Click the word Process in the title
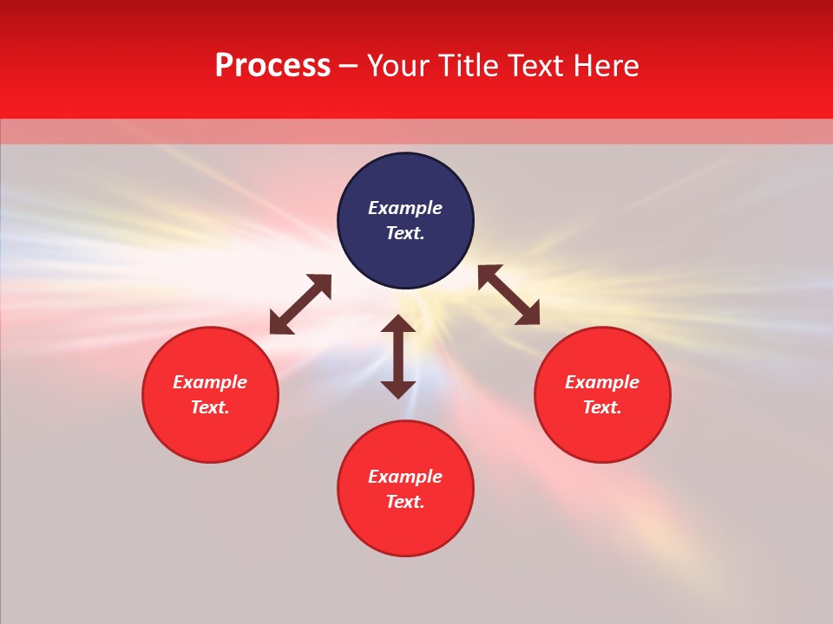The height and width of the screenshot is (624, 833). (x=272, y=66)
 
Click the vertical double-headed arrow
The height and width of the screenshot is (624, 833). (x=398, y=356)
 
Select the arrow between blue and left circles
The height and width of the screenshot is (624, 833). (x=300, y=304)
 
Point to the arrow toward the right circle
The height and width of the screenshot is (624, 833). (x=508, y=295)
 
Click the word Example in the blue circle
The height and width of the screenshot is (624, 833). (x=405, y=208)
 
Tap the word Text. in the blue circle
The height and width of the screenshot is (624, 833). (x=405, y=233)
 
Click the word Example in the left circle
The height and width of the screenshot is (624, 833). (x=210, y=382)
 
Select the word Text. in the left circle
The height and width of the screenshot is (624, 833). (x=210, y=407)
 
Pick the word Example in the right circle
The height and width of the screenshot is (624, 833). (x=602, y=382)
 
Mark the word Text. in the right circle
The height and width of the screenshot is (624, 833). (x=602, y=407)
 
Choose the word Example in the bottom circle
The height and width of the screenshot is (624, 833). (x=405, y=477)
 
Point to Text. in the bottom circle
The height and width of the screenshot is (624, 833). (x=405, y=502)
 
